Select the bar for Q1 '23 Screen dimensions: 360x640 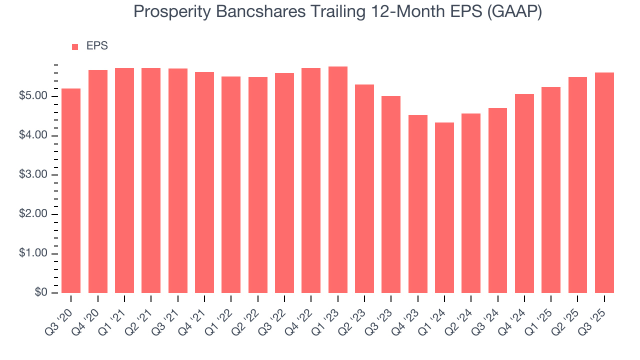(x=338, y=179)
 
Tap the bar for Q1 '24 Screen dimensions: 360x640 (x=444, y=207)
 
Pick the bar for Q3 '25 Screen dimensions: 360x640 (x=604, y=182)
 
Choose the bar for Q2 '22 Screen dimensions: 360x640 (x=258, y=185)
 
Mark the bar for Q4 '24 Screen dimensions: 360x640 (x=524, y=193)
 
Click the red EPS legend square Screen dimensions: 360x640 (x=75, y=46)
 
